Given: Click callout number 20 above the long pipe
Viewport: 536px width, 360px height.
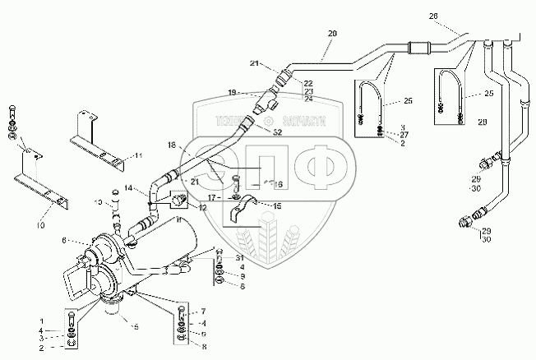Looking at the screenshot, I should point(332,34).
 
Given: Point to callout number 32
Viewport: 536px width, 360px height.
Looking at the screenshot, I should point(278,132).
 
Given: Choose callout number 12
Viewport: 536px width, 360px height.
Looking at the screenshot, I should point(202,208).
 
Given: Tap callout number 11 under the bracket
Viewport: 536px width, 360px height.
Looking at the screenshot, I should point(139,155).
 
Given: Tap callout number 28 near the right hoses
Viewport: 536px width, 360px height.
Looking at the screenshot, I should point(483,122).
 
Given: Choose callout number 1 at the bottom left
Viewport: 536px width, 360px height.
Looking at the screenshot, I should point(43,319).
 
